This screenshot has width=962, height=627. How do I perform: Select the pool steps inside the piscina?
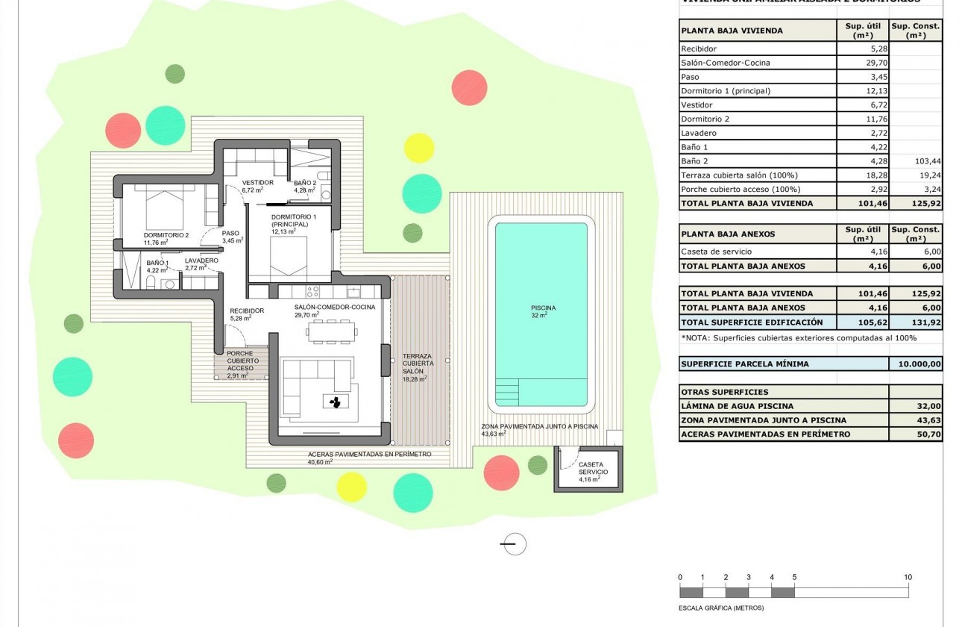pyautogui.click(x=508, y=390)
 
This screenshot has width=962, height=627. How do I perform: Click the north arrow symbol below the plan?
pyautogui.click(x=513, y=545)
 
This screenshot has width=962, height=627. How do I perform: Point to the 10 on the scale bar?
pyautogui.click(x=907, y=577)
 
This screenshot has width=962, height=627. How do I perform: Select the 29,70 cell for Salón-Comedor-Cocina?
pyautogui.click(x=863, y=63)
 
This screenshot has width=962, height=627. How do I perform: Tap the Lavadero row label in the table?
pyautogui.click(x=698, y=133)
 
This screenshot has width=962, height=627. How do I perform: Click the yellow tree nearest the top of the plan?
pyautogui.click(x=418, y=148)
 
